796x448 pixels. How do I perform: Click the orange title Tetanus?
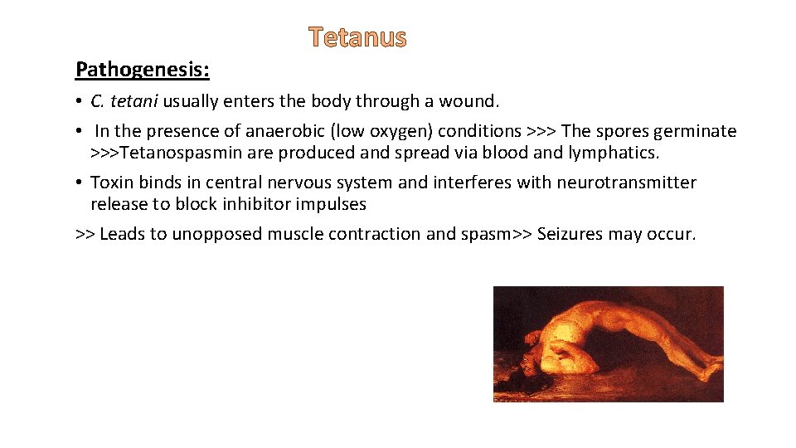[x=357, y=37]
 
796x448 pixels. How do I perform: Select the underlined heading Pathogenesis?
[x=142, y=70]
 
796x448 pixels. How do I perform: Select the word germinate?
[x=696, y=131]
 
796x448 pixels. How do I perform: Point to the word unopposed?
[x=217, y=234]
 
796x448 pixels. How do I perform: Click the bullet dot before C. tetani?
[x=79, y=102]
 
